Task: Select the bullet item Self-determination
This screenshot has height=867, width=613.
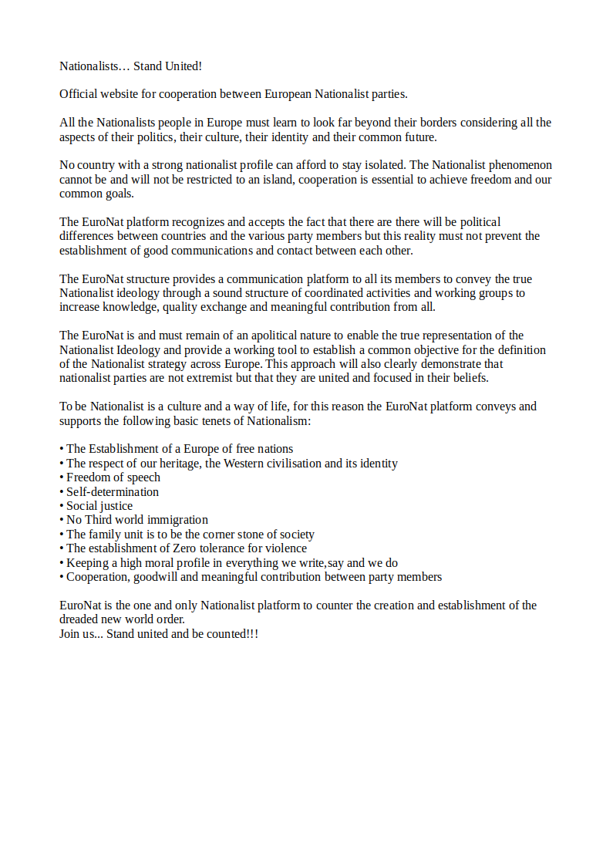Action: (113, 492)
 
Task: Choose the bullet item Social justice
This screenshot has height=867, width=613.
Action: (99, 506)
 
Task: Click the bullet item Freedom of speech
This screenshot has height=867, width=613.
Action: (113, 477)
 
